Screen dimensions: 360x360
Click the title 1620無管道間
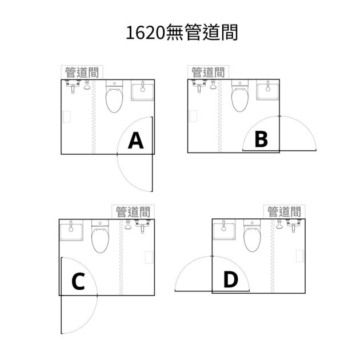pyautogui.click(x=182, y=32)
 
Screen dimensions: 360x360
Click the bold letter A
pyautogui.click(x=135, y=141)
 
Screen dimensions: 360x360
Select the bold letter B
pyautogui.click(x=261, y=139)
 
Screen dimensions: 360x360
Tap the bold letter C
pyautogui.click(x=78, y=281)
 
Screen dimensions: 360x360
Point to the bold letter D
pyautogui.click(x=231, y=279)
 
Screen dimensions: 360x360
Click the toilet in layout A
pyautogui.click(x=114, y=96)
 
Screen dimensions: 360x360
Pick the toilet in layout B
pyautogui.click(x=240, y=95)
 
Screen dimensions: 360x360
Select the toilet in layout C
pyautogui.click(x=100, y=236)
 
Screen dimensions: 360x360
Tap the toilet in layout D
pyautogui.click(x=253, y=235)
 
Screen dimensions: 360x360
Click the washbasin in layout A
pyautogui.click(x=143, y=90)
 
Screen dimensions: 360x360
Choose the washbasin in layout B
pyautogui.click(x=267, y=90)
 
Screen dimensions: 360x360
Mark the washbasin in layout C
pyautogui.click(x=71, y=230)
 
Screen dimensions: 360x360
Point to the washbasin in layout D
pyautogui.click(x=224, y=230)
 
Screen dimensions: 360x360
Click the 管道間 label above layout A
pyautogui.click(x=82, y=73)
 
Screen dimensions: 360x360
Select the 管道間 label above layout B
pyautogui.click(x=208, y=73)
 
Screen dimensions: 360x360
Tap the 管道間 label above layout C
pyautogui.click(x=133, y=211)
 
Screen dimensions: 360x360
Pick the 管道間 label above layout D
pyautogui.click(x=284, y=211)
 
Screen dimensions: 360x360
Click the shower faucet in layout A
pyautogui.click(x=73, y=86)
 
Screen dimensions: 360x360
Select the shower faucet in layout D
pyautogui.click(x=294, y=226)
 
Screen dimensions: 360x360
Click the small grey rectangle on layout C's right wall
pyautogui.click(x=149, y=257)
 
